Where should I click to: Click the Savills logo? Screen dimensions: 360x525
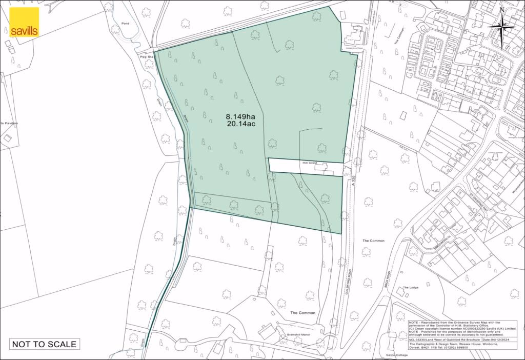[24, 23]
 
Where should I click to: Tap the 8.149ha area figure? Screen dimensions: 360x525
[240, 116]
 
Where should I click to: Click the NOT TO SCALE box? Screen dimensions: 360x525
[45, 344]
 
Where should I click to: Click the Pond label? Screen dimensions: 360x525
[125, 24]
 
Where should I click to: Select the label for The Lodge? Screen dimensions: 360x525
[410, 288]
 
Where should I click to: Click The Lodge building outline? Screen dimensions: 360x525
[401, 292]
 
